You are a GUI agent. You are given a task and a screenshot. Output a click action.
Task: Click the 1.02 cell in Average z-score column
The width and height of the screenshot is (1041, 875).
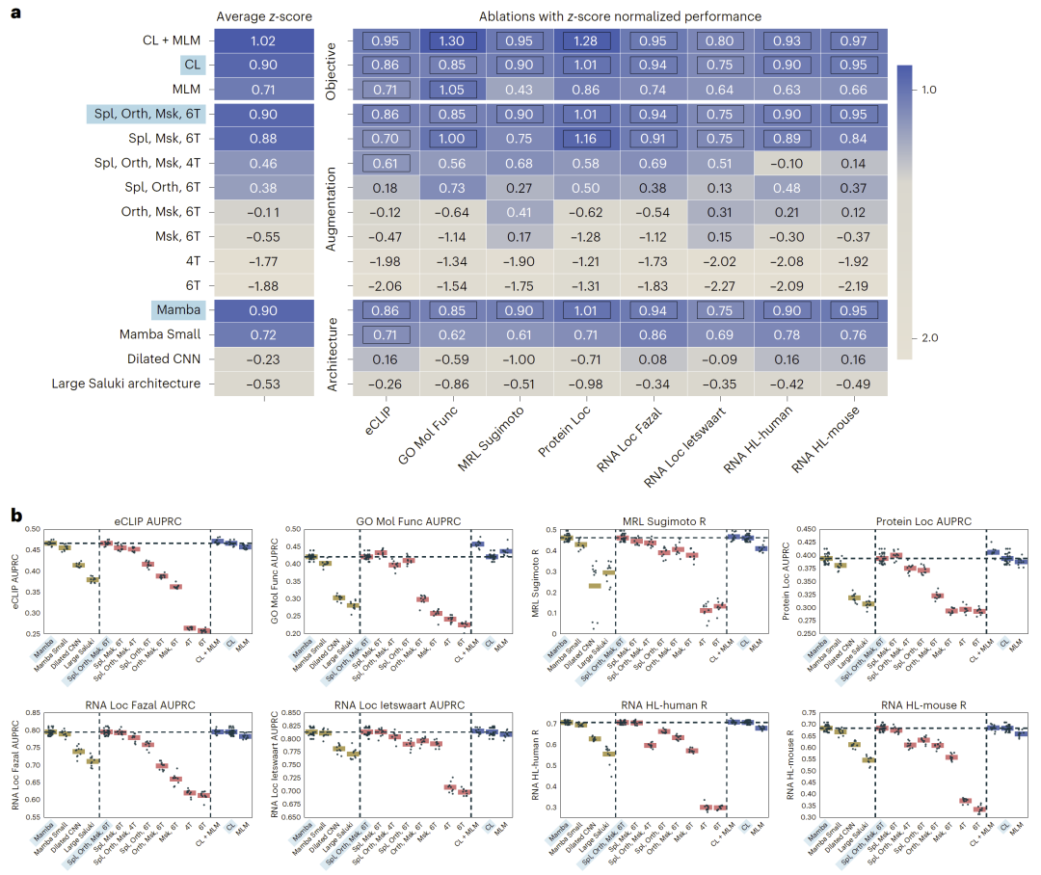pos(263,41)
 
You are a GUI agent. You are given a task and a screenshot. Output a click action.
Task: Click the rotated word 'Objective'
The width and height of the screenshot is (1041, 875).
pos(330,66)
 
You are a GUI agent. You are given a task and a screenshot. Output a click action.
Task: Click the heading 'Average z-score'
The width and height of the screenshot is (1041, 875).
pos(262,15)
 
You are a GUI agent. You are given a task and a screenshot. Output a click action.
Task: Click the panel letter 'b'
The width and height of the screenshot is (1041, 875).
pos(15,517)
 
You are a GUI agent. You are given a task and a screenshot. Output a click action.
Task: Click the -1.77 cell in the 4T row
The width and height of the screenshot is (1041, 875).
pos(263,259)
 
